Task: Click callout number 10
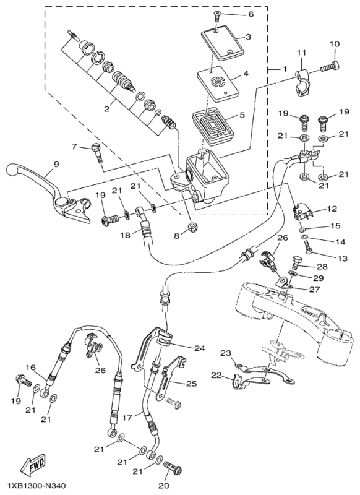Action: point(335,44)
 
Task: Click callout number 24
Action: point(200,348)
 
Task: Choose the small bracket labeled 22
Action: point(249,381)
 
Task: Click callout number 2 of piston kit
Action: point(106,110)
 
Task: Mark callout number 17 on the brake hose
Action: point(127,418)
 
